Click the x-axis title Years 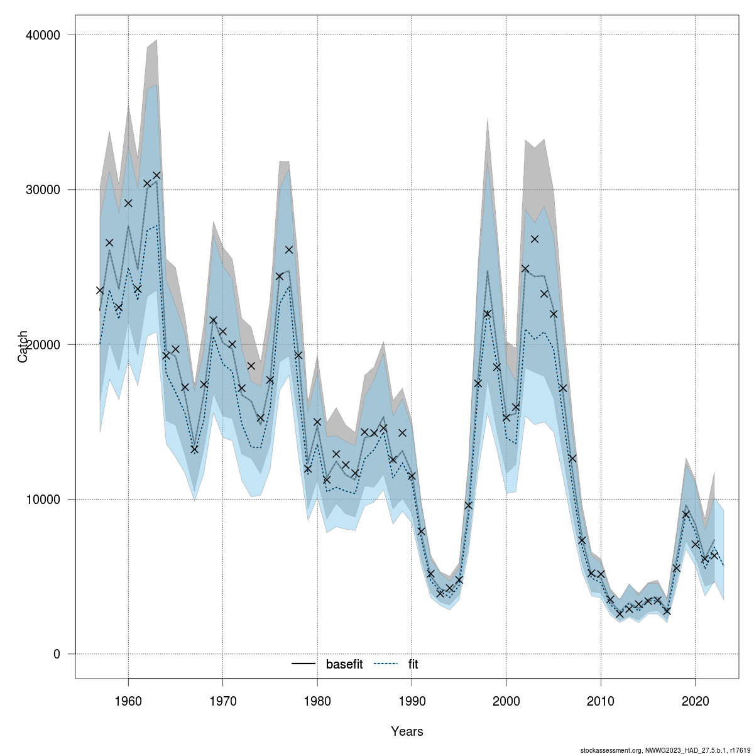pyautogui.click(x=407, y=731)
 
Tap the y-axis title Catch pyautogui.click(x=23, y=346)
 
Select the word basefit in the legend pyautogui.click(x=344, y=664)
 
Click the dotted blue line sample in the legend pyautogui.click(x=386, y=664)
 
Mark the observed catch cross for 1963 pyautogui.click(x=156, y=175)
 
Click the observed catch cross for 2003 pyautogui.click(x=535, y=239)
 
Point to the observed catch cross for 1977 pyautogui.click(x=289, y=249)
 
